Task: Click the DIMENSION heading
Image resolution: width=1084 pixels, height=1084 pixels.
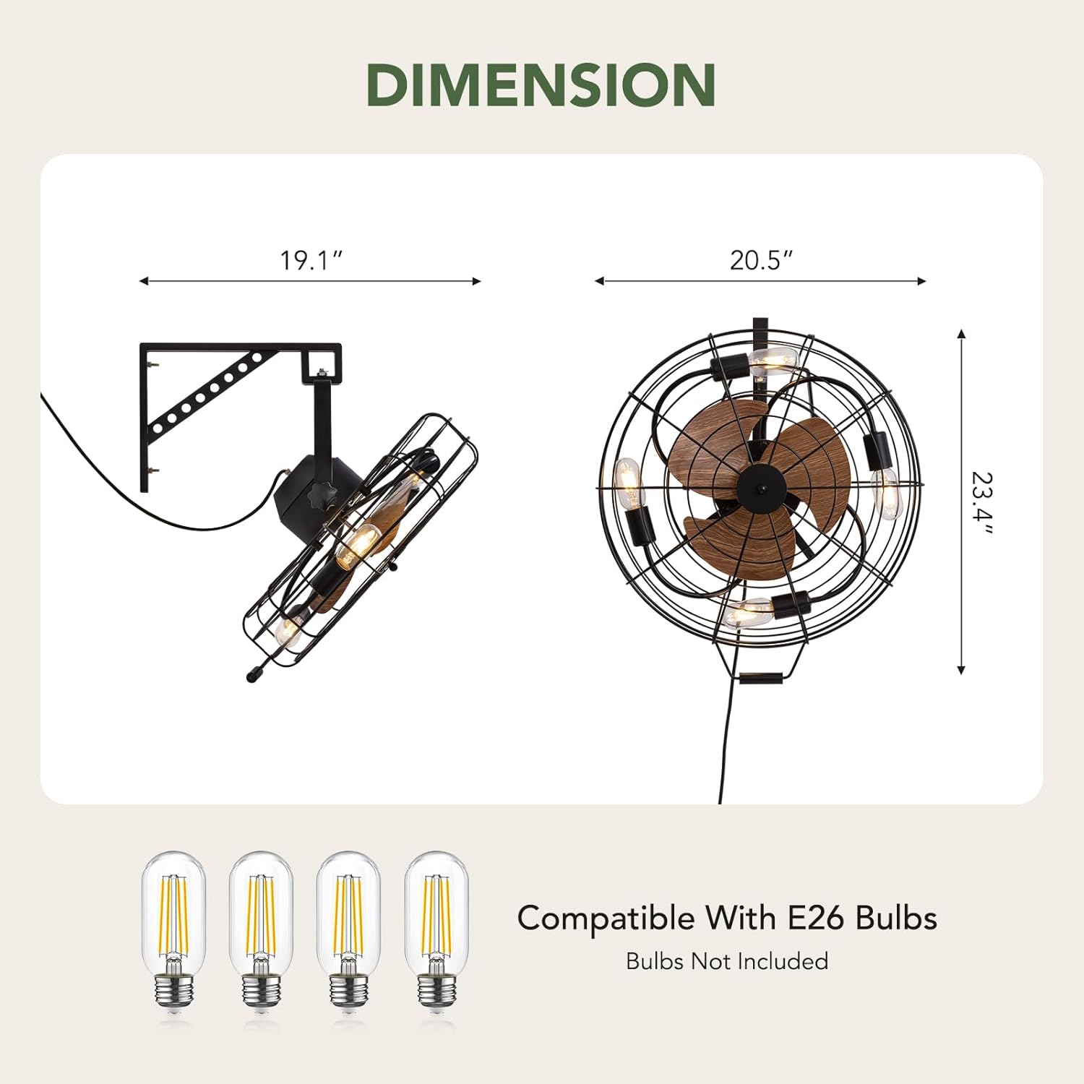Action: coord(541,85)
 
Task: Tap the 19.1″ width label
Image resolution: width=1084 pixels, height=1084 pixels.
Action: coord(311,259)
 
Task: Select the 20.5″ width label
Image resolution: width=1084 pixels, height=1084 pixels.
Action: coord(761,259)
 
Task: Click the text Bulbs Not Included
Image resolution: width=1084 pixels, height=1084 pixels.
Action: coord(727,961)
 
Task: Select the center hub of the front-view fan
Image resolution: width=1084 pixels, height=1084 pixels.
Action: coord(760,486)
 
